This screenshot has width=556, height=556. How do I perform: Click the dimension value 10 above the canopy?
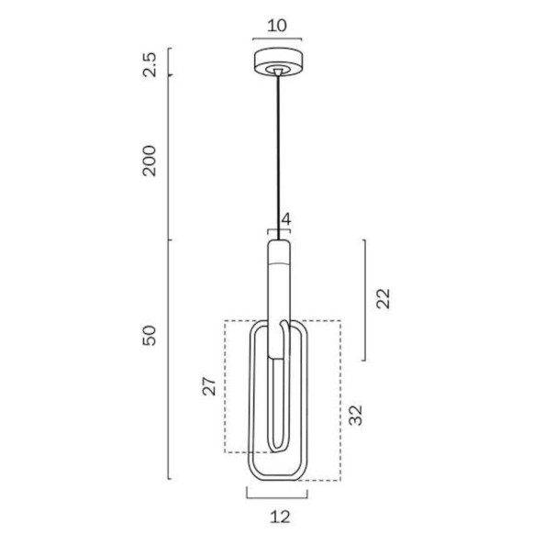[x=277, y=26]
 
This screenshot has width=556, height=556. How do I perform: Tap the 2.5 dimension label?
[x=150, y=64]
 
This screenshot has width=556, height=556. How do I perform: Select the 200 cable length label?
[x=150, y=161]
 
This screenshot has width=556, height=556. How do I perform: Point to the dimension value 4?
[x=286, y=220]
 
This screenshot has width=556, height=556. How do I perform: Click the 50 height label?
[x=150, y=336]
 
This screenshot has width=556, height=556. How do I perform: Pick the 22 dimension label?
[x=383, y=298]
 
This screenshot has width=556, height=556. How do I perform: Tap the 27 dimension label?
[x=209, y=386]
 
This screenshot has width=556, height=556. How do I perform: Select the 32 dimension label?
[x=356, y=415]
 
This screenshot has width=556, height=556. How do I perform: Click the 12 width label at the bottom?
[x=280, y=517]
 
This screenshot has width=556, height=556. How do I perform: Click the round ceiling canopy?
[x=278, y=62]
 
